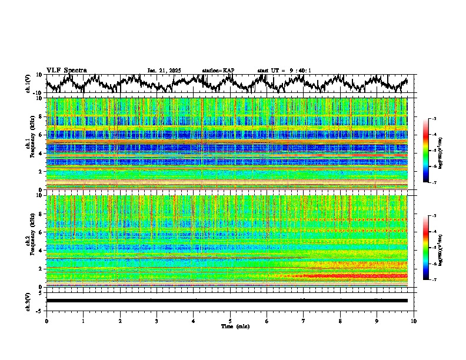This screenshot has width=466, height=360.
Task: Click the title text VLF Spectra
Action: point(66,70)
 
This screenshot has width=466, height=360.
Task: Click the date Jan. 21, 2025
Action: point(164,71)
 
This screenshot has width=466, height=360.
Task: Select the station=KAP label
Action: point(218,71)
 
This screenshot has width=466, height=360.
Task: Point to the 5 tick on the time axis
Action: point(230,321)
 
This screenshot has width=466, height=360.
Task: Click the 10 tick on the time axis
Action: point(414,321)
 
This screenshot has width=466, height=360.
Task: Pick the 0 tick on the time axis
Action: point(46,321)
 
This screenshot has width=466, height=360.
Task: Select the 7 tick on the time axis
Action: point(304,321)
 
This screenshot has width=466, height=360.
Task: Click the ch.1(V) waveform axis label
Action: point(28,84)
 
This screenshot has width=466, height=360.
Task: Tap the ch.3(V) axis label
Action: point(28,301)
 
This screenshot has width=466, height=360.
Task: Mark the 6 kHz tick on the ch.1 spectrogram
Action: point(41,135)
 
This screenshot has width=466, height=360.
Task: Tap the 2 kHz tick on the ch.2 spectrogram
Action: point(41,268)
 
